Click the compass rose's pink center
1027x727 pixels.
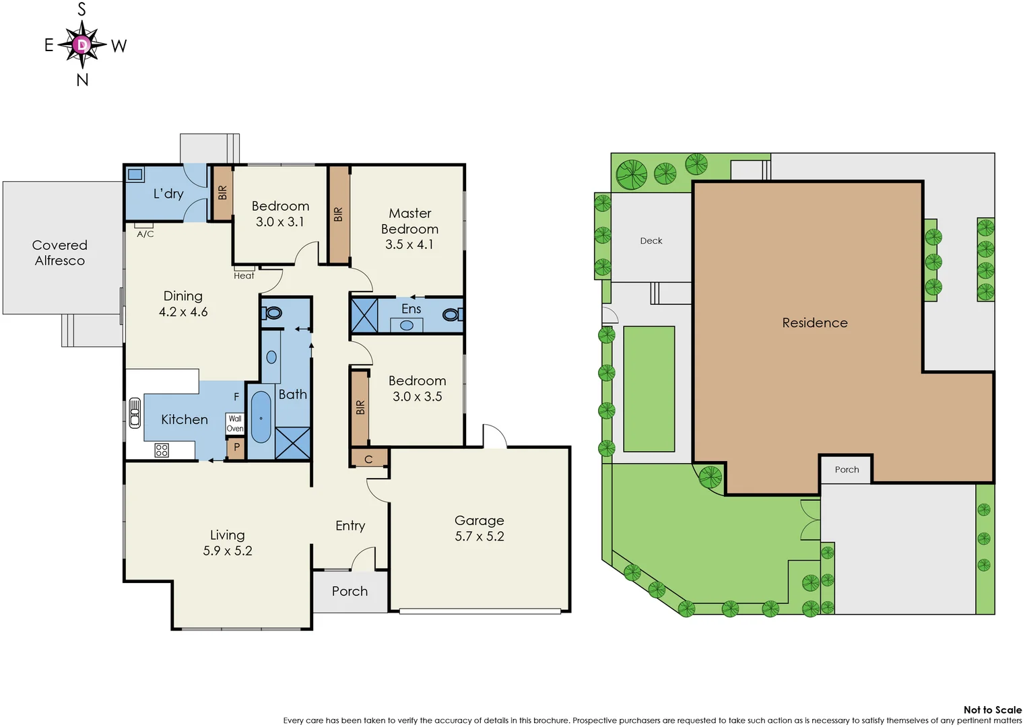click(x=82, y=45)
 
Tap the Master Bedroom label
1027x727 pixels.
click(x=409, y=228)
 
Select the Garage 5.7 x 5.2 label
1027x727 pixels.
click(x=479, y=528)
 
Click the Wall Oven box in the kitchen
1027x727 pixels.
click(x=234, y=423)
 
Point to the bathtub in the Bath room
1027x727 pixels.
click(x=261, y=417)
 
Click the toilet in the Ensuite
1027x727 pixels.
click(x=451, y=314)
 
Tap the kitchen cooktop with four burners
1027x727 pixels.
click(x=162, y=450)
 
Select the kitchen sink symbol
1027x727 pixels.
click(x=135, y=413)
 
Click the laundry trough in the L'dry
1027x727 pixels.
click(x=135, y=174)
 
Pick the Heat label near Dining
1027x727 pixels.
click(x=244, y=275)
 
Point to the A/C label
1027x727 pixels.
click(x=145, y=234)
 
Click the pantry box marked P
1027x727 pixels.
click(x=236, y=447)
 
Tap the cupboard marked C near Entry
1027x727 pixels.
click(x=368, y=459)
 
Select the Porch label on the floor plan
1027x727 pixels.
click(x=350, y=591)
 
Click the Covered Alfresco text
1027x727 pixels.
click(x=60, y=253)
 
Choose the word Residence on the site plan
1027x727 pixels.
click(x=814, y=323)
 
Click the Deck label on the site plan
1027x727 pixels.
click(x=651, y=241)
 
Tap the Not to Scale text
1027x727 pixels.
click(x=992, y=709)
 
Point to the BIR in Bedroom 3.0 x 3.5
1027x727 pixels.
click(x=360, y=407)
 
